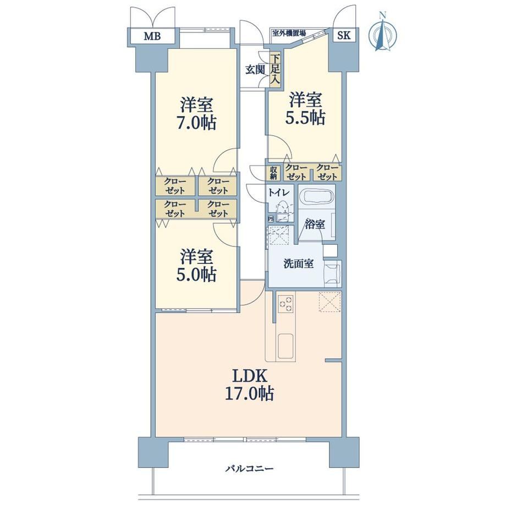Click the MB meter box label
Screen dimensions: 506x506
pyautogui.click(x=152, y=36)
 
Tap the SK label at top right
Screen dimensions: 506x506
pyautogui.click(x=344, y=35)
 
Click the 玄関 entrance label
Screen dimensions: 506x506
pyautogui.click(x=255, y=70)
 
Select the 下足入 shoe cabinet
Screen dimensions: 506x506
pyautogui.click(x=275, y=70)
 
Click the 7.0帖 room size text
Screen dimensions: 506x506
pyautogui.click(x=196, y=123)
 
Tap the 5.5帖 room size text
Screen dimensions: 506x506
pyautogui.click(x=305, y=118)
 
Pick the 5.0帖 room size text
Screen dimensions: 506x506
pyautogui.click(x=196, y=274)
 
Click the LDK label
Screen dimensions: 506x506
pyautogui.click(x=250, y=376)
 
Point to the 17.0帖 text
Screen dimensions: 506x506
pyautogui.click(x=250, y=393)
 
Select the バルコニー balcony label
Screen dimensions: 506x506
pyautogui.click(x=249, y=468)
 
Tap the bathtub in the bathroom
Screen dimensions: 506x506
pyautogui.click(x=316, y=196)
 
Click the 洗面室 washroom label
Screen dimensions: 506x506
pyautogui.click(x=299, y=263)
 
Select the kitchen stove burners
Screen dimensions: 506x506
pyautogui.click(x=286, y=304)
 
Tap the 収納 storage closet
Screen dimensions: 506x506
pyautogui.click(x=274, y=173)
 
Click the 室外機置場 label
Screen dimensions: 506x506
pyautogui.click(x=289, y=32)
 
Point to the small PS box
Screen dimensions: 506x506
pyautogui.click(x=271, y=219)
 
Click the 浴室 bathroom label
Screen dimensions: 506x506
pyautogui.click(x=315, y=224)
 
